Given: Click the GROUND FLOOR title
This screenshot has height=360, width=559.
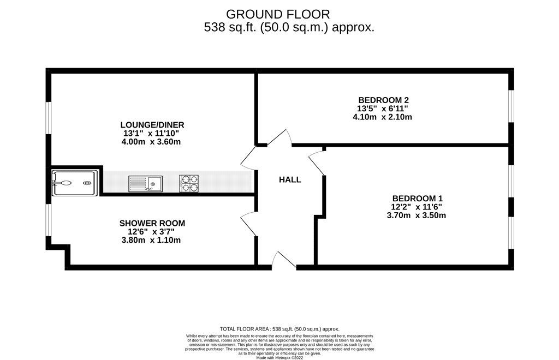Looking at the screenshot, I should (x=278, y=14).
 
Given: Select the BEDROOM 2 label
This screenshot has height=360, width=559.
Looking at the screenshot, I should (x=383, y=100).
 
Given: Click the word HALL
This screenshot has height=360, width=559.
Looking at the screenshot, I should (x=290, y=179).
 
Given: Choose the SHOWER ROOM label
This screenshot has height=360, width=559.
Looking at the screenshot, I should (x=152, y=223).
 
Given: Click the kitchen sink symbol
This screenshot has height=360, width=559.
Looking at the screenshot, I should (x=145, y=184).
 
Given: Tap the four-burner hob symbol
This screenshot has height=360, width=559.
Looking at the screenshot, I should (x=188, y=184).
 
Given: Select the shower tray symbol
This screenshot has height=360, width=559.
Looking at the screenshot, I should (x=75, y=181).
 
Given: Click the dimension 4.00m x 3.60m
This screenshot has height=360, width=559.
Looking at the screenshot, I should (x=152, y=142).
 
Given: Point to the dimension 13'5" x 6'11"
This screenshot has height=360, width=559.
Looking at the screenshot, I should (x=383, y=109).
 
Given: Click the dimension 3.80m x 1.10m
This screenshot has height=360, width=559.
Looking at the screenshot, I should (x=152, y=240).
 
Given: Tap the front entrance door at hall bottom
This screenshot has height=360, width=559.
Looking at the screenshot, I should (x=284, y=261).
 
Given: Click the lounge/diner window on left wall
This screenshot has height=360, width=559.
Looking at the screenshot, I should (x=49, y=117).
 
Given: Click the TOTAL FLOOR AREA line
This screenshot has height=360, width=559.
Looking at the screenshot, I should (x=279, y=329).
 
